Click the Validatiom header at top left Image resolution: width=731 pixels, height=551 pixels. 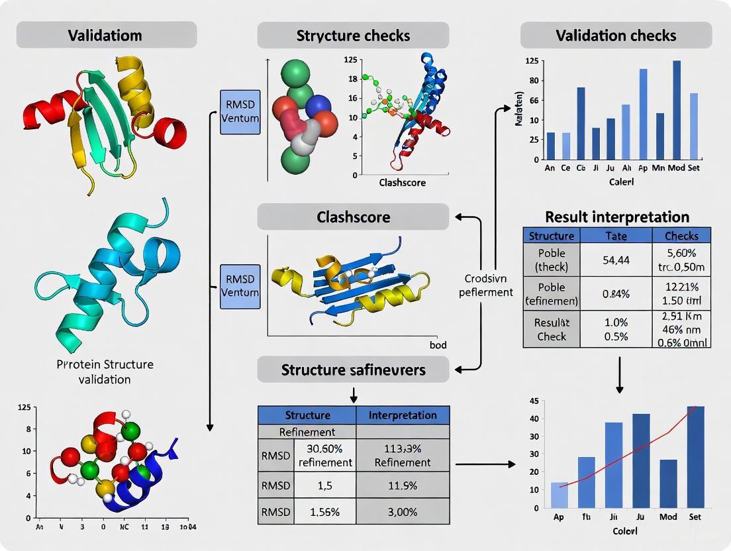point(106,35)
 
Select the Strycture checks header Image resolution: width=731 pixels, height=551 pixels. point(353,35)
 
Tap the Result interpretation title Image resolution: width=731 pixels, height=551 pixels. point(616,217)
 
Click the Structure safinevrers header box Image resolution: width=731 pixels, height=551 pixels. point(353,370)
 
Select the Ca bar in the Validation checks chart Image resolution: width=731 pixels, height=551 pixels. point(581,123)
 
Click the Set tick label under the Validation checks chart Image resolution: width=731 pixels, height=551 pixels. point(693,168)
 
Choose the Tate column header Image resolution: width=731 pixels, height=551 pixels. point(616,235)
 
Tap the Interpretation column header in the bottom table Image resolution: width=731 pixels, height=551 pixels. point(403,415)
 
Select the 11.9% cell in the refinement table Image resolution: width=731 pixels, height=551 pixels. point(403,485)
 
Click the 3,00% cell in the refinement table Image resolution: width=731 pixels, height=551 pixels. point(403,512)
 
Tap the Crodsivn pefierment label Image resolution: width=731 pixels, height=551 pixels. point(486,285)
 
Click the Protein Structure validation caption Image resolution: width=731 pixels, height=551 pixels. point(106,372)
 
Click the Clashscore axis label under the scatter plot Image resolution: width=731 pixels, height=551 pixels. point(402,182)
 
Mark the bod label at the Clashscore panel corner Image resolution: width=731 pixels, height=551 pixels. point(438,344)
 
